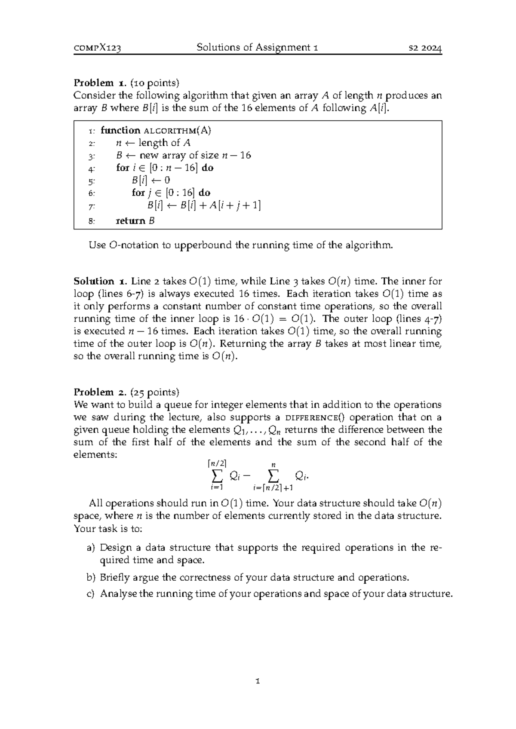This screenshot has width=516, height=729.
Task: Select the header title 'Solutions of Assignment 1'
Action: (257, 47)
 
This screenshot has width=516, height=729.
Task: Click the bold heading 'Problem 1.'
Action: (99, 83)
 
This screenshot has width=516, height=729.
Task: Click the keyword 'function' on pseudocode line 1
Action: (120, 130)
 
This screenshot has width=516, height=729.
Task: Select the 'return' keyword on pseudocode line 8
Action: (131, 221)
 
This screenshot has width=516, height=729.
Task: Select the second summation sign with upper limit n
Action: (273, 475)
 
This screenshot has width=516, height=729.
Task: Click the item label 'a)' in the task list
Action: (90, 548)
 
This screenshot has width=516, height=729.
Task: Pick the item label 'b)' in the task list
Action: (90, 577)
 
